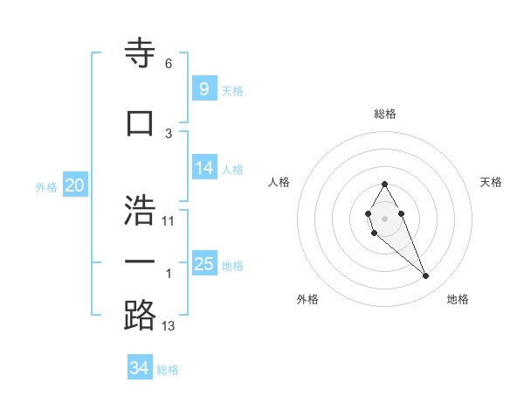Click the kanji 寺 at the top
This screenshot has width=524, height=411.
coord(140,52)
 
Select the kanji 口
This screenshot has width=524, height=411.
coord(140,122)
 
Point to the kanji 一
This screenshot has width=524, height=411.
coord(140,261)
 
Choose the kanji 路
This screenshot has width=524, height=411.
coord(140,315)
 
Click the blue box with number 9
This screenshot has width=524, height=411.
coord(203,88)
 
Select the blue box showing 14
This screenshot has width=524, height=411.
coord(203,168)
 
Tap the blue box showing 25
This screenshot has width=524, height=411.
coord(203,264)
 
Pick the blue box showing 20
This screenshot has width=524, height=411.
coord(74,185)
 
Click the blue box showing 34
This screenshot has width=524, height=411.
coord(140,368)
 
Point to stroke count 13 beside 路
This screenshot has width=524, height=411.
coord(169,326)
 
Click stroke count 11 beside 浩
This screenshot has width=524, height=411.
coord(169,220)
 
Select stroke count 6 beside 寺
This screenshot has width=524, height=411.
coord(169,64)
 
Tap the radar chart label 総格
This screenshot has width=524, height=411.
coord(384,114)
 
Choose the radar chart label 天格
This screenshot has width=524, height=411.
coord(492,182)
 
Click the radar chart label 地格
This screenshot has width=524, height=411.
coord(458,299)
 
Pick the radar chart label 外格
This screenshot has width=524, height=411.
coord(307,299)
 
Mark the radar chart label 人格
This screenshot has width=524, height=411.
coord(279,182)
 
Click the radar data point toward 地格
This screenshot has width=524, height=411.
coord(425,275)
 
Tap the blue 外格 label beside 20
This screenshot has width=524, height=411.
coord(45,186)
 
